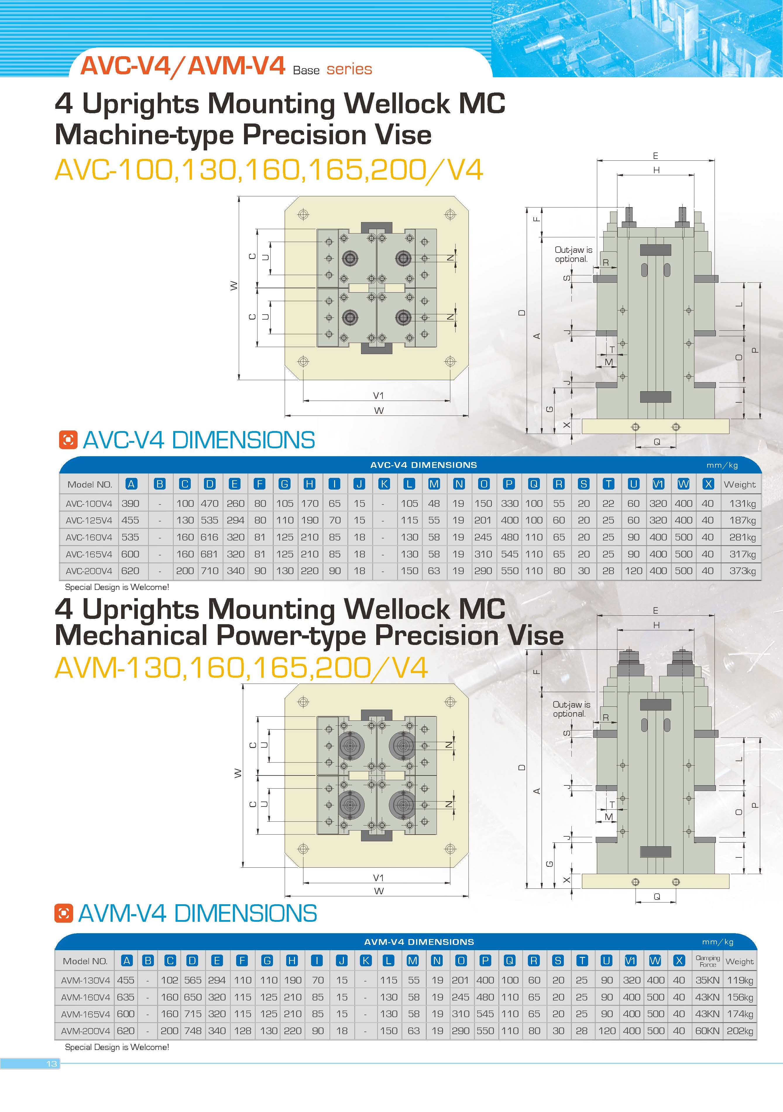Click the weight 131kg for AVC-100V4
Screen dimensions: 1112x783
coord(742,504)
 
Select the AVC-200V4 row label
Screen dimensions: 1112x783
coord(89,571)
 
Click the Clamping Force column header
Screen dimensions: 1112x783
coord(708,961)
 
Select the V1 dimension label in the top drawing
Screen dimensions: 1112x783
coord(378,396)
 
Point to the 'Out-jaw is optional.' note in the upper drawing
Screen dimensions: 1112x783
coord(573,254)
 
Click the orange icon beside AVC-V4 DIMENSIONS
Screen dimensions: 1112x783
coord(68,440)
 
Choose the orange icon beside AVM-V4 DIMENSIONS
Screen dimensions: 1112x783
coord(63,913)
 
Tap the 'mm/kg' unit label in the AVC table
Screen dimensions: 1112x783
coord(722,465)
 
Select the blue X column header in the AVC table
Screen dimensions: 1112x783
coord(708,484)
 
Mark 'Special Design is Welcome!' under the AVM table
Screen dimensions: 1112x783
coord(117,1047)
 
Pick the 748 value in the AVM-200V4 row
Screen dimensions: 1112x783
coord(193,1031)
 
